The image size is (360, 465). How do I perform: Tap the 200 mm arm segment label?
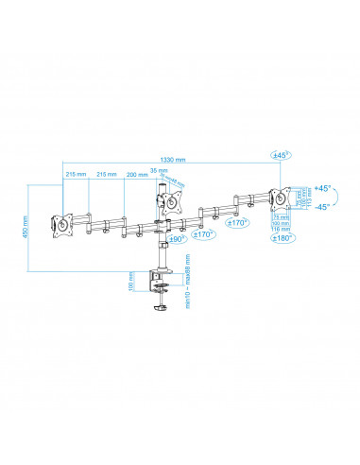coord(137,176)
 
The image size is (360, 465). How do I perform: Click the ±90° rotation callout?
coord(176,240)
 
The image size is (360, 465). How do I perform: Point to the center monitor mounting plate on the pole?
coord(168,201)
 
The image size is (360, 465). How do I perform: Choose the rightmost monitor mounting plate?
coord(278,199)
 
